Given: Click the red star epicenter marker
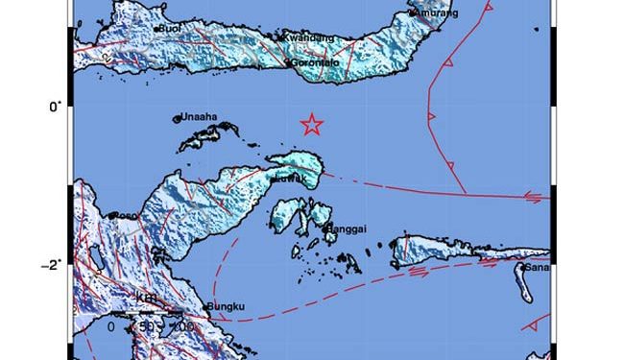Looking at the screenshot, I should click(311, 124).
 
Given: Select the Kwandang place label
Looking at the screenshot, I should click(308, 37).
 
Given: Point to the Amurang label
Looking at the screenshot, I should click(437, 13).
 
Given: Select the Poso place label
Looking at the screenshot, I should click(124, 216).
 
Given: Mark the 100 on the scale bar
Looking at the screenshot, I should click(181, 327).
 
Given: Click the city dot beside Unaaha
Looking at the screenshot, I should click(178, 119).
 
